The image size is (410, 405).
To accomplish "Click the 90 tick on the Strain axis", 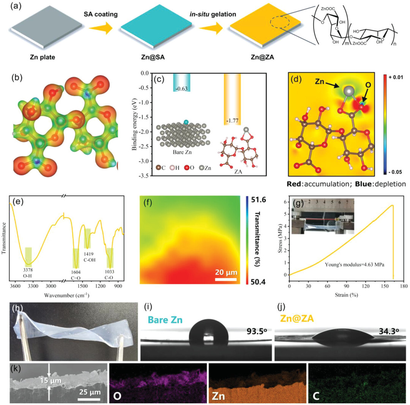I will click(x=335, y=287).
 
